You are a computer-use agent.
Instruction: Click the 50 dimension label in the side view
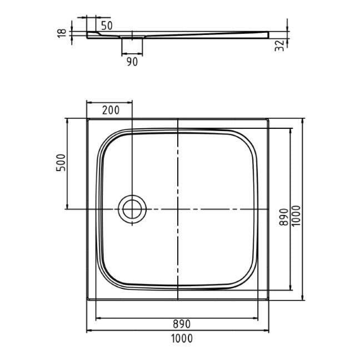click(107, 26)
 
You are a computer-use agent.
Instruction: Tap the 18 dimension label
click(62, 33)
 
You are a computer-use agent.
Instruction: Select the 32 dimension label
click(279, 46)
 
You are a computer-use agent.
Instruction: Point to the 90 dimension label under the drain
click(132, 62)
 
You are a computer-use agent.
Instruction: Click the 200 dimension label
click(111, 111)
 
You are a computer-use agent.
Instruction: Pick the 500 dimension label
click(61, 163)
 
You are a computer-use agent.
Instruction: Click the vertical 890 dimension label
click(284, 217)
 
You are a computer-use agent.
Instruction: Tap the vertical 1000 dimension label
click(296, 216)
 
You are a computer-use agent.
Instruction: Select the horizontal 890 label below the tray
click(182, 324)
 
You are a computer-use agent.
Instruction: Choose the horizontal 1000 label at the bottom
click(182, 338)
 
